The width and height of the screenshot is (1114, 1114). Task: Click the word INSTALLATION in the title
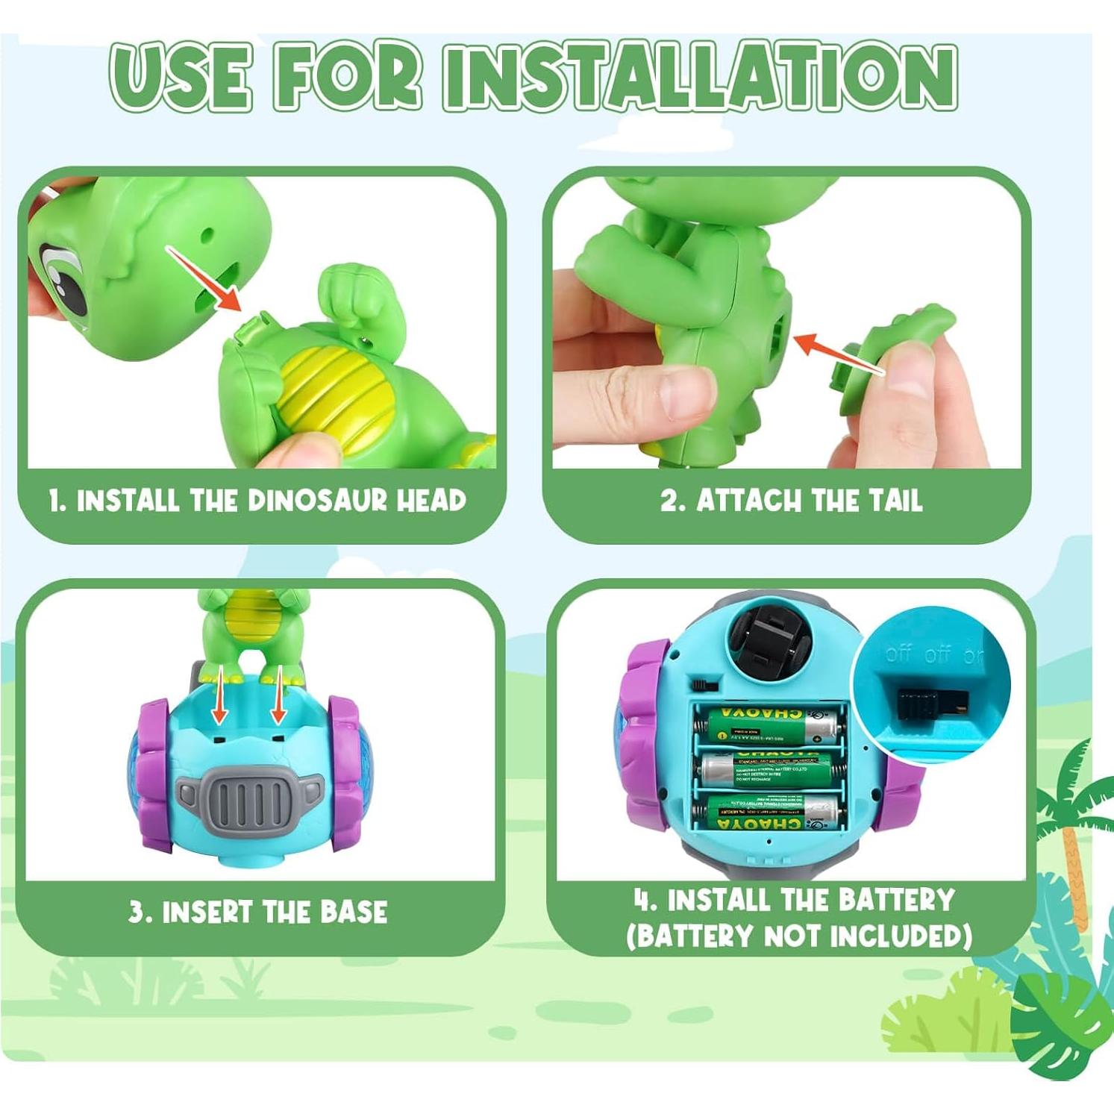point(700,77)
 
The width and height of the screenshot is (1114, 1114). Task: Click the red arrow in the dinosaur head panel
point(203,278)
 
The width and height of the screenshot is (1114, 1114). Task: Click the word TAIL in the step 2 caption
point(895,501)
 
